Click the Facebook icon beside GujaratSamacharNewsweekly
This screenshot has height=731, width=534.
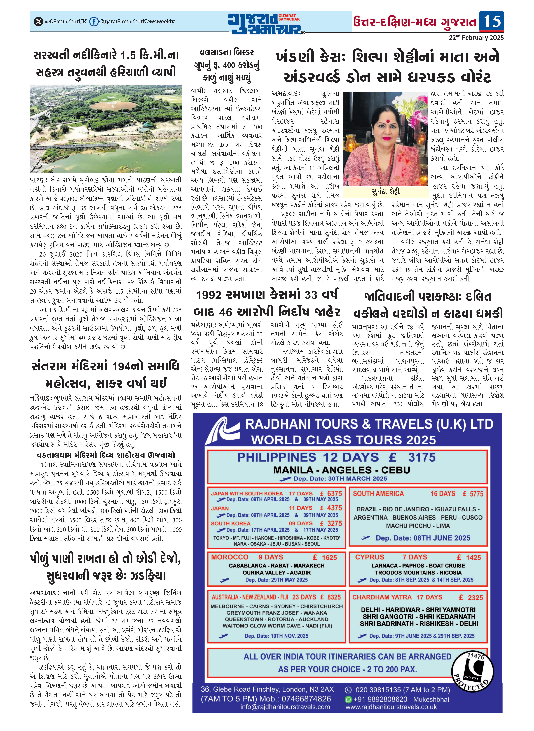point(94,22)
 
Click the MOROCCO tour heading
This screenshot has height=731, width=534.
point(230,557)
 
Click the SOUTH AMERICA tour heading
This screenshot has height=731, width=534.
point(378,494)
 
